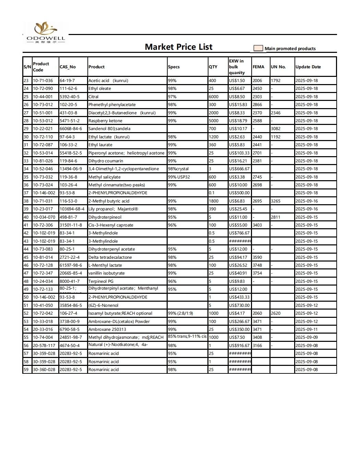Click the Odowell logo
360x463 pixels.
46,32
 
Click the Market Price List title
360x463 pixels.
178,47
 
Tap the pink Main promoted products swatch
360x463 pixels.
258,48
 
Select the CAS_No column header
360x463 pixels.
68,67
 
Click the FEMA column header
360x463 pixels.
258,67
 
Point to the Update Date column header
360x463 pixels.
308,67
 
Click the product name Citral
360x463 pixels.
93,97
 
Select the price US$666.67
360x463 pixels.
239,169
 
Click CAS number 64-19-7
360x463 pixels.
67,81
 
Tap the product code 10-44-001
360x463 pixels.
43,97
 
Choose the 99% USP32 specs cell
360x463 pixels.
179,177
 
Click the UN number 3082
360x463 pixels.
276,129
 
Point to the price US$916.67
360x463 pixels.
239,346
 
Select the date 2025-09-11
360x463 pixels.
307,329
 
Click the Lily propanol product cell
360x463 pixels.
113,209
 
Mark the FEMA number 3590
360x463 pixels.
257,257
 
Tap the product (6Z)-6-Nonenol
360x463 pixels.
103,305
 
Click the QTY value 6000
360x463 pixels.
213,97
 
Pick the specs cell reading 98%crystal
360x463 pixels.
178,169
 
